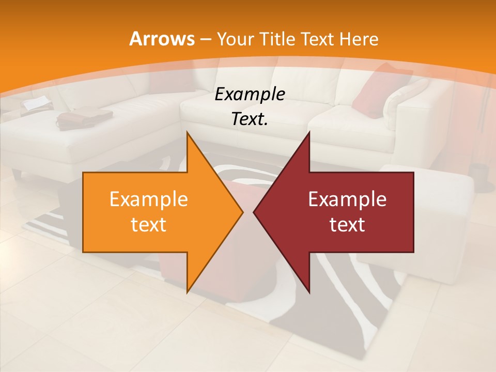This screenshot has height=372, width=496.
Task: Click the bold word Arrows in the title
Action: tap(162, 39)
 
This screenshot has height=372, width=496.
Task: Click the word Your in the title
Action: tap(235, 39)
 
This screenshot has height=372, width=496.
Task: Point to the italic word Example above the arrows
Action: tap(250, 95)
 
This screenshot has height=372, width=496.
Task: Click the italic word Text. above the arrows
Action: tap(250, 119)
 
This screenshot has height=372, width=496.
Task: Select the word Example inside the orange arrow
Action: tap(148, 199)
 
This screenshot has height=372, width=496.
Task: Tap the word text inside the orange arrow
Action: tap(148, 224)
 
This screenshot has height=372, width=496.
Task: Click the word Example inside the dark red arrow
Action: tap(347, 199)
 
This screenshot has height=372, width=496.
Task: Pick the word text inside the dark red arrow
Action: tap(347, 224)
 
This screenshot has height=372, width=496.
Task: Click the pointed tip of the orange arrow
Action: tap(243, 212)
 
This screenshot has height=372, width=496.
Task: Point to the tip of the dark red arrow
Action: tap(254, 212)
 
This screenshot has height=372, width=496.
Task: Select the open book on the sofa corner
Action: tap(36, 104)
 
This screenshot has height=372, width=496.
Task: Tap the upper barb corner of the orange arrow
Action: tap(187, 132)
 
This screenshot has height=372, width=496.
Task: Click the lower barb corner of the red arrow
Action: tap(309, 292)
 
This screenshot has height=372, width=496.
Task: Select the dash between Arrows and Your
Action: tap(205, 39)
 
